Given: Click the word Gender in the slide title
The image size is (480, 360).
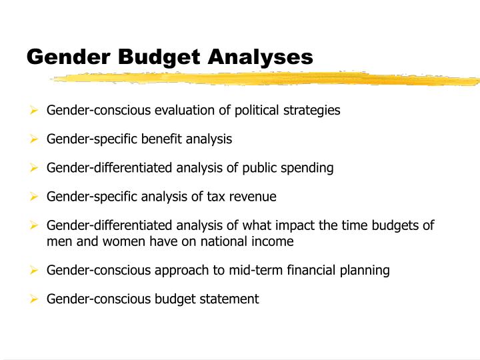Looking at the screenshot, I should point(68,57).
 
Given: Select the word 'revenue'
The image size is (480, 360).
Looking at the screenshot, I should point(253,197).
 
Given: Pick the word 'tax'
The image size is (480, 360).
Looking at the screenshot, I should point(217,197).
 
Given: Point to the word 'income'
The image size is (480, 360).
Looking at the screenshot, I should point(274,241).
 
